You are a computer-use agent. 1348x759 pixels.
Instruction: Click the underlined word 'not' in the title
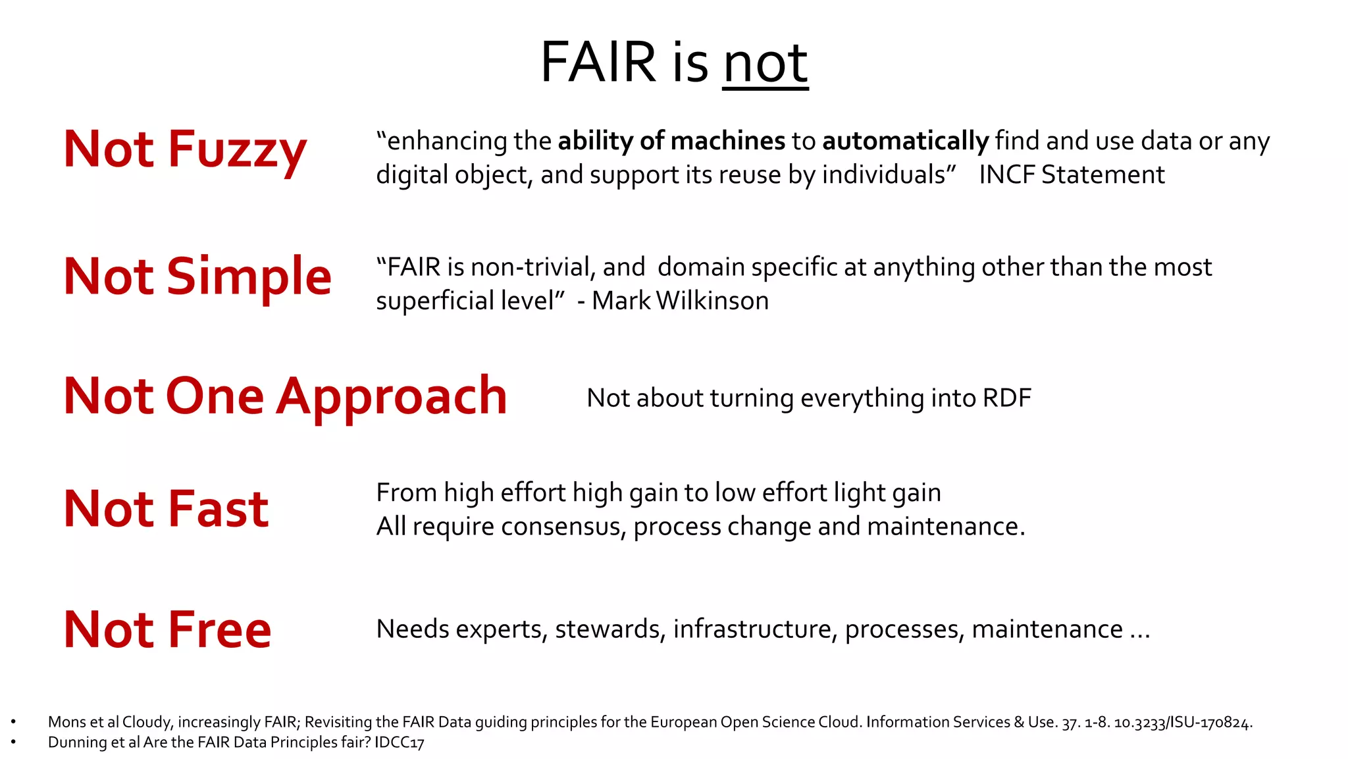765,63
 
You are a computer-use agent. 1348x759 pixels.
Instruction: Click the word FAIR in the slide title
598,63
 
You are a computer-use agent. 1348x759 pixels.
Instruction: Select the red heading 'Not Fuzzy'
185,150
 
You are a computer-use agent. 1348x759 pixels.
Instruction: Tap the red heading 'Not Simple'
197,277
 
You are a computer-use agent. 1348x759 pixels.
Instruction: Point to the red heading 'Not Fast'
166,510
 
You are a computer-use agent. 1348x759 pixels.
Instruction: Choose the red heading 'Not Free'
167,630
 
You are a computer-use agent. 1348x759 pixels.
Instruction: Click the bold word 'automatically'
905,142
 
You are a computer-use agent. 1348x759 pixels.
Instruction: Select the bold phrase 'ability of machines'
671,142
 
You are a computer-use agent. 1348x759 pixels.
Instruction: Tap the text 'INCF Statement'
1072,175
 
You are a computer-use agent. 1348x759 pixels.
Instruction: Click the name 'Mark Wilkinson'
680,301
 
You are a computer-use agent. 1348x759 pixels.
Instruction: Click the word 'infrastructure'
755,629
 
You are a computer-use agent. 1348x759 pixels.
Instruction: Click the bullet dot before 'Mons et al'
13,723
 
